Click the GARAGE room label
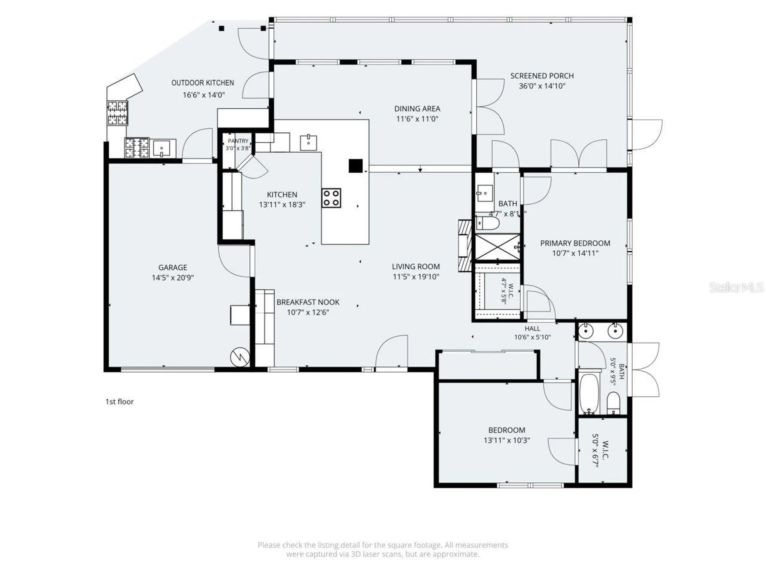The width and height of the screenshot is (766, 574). (x=172, y=267)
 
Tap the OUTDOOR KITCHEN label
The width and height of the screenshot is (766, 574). (x=203, y=83)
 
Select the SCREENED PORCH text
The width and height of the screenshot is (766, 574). (x=542, y=76)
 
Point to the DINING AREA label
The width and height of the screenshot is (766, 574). (x=417, y=108)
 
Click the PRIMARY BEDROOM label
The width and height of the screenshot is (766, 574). (x=575, y=243)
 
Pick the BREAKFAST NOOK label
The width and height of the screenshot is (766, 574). (x=308, y=302)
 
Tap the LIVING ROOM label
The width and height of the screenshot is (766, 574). (x=416, y=267)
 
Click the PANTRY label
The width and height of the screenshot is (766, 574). (x=238, y=141)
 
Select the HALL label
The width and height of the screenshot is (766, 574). (x=532, y=328)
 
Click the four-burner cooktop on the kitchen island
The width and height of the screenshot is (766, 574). (x=332, y=198)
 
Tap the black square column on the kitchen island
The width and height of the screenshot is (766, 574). (x=355, y=166)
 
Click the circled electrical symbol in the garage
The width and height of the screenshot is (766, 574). (x=240, y=357)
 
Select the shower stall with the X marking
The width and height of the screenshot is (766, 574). (x=498, y=247)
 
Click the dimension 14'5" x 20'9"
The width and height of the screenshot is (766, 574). (x=173, y=278)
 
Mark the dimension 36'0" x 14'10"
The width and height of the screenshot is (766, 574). (x=542, y=86)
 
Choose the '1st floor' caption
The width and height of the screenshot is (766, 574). (x=119, y=402)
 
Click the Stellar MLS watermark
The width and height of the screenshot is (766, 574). (x=736, y=287)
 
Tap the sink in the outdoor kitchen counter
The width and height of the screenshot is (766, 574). (x=162, y=148)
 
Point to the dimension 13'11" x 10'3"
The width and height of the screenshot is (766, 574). (x=507, y=440)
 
